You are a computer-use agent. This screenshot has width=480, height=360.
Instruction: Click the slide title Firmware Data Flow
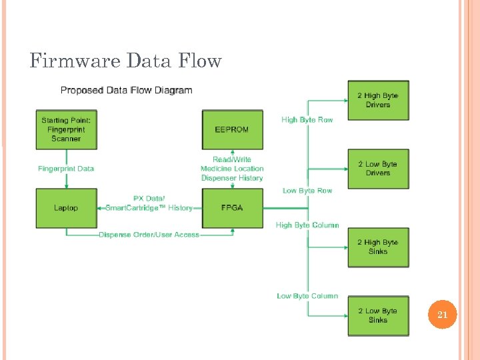coord(125,61)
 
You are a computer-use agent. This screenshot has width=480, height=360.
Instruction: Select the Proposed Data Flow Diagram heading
coord(126,90)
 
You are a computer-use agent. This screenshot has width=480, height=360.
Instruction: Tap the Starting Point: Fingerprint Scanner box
coord(66,129)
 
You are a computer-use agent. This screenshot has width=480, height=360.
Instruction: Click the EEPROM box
coord(232,129)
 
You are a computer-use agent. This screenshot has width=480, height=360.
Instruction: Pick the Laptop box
coord(66,208)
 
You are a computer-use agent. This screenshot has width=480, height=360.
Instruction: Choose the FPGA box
coord(232,208)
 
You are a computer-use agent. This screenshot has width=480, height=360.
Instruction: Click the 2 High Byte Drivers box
coord(377,100)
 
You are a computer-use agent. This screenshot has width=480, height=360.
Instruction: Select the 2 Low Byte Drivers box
coord(377,168)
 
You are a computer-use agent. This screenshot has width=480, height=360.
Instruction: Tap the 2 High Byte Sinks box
coord(377,247)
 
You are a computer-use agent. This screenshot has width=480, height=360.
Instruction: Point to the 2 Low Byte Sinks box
coord(377,315)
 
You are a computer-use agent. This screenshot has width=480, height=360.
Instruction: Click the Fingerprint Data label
coord(66,169)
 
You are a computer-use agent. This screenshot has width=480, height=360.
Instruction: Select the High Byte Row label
coord(307,120)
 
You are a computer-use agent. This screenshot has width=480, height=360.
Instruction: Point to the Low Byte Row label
coord(307,191)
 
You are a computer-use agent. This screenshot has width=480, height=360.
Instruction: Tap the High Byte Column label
coord(307,225)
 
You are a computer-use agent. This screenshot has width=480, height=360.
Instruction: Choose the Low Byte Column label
coord(307,296)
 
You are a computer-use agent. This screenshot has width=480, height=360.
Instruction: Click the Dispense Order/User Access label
coord(149,235)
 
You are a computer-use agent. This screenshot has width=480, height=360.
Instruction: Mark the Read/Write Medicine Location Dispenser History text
coord(232,169)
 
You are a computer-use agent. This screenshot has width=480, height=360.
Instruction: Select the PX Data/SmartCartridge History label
coord(149,203)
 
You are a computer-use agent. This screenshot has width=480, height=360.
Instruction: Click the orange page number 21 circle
coord(442,315)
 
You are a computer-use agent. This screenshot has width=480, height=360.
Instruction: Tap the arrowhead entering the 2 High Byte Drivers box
coord(344,100)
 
